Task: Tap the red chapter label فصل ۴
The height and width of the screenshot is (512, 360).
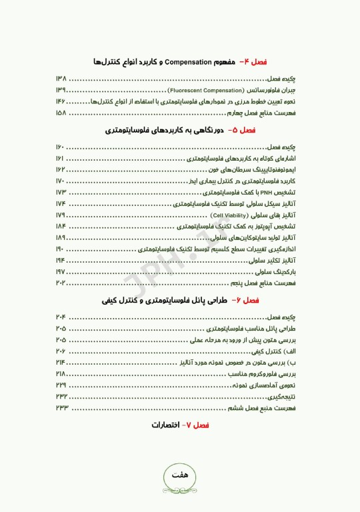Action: coord(252,61)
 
